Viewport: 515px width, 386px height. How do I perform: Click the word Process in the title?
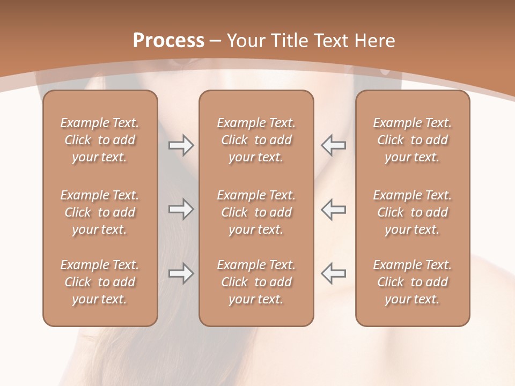tap(168, 41)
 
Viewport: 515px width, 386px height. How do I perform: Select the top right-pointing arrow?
tap(181, 145)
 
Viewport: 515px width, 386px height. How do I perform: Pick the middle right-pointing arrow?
tap(181, 210)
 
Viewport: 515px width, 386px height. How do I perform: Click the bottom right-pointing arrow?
tap(181, 273)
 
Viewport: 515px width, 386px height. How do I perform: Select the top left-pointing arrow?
tap(334, 145)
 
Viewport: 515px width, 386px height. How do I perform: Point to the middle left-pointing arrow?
tap(334, 210)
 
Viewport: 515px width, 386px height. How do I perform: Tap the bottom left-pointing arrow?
tap(334, 273)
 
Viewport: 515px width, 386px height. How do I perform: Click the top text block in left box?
tap(100, 140)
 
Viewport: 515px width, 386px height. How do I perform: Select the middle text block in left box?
tap(100, 212)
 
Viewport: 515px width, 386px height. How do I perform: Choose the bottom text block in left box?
tap(100, 282)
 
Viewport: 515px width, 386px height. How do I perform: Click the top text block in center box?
tap(256, 140)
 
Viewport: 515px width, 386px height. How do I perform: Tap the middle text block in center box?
tap(256, 212)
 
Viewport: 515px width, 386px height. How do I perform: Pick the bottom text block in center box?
tap(256, 282)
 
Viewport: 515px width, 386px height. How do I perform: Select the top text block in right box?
tap(413, 140)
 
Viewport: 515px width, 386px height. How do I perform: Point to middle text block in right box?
tap(413, 212)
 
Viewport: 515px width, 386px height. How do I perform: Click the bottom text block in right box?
tap(413, 282)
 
